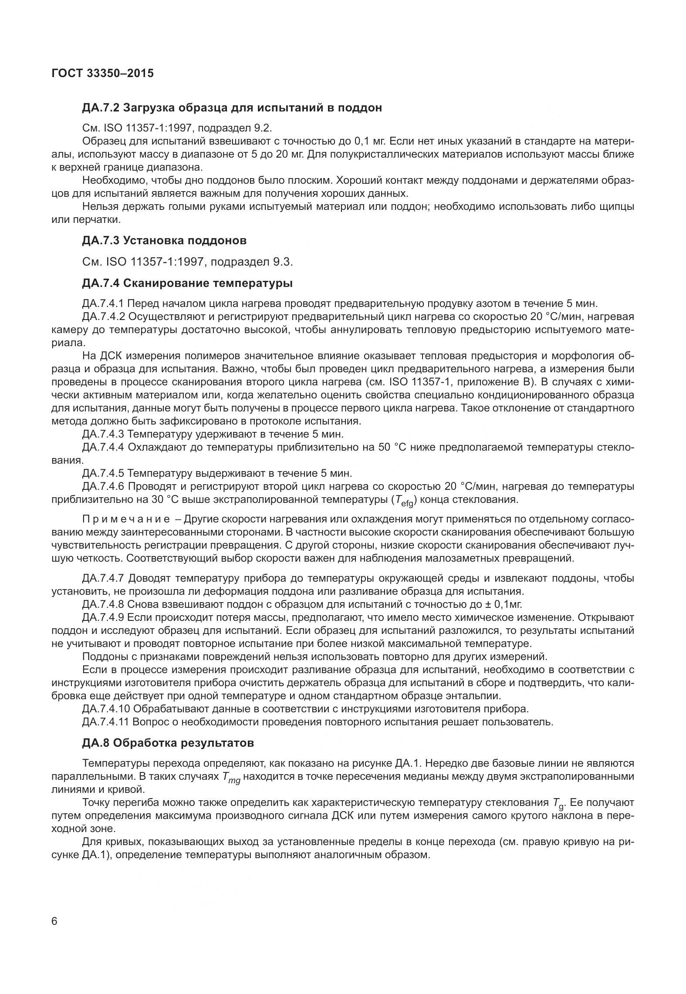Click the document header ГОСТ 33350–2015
tap(102, 73)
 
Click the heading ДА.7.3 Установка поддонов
tap(164, 240)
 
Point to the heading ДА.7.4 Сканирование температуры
tap(187, 283)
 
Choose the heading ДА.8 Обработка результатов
tap(168, 743)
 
